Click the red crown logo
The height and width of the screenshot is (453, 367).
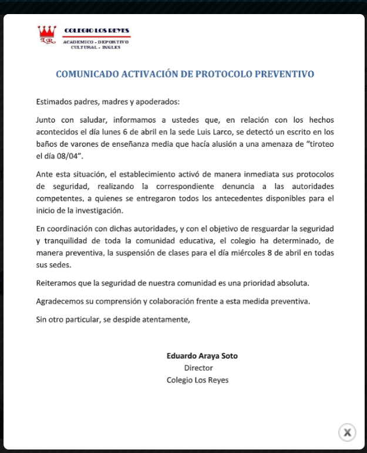coord(47,35)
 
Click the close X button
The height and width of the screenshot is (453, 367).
coord(347,432)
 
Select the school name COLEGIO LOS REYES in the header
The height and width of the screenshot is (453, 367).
coord(97,30)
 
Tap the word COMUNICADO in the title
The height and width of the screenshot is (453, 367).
coord(86,74)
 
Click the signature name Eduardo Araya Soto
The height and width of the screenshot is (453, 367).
coord(202,356)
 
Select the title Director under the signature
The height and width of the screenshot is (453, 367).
coord(198,368)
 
